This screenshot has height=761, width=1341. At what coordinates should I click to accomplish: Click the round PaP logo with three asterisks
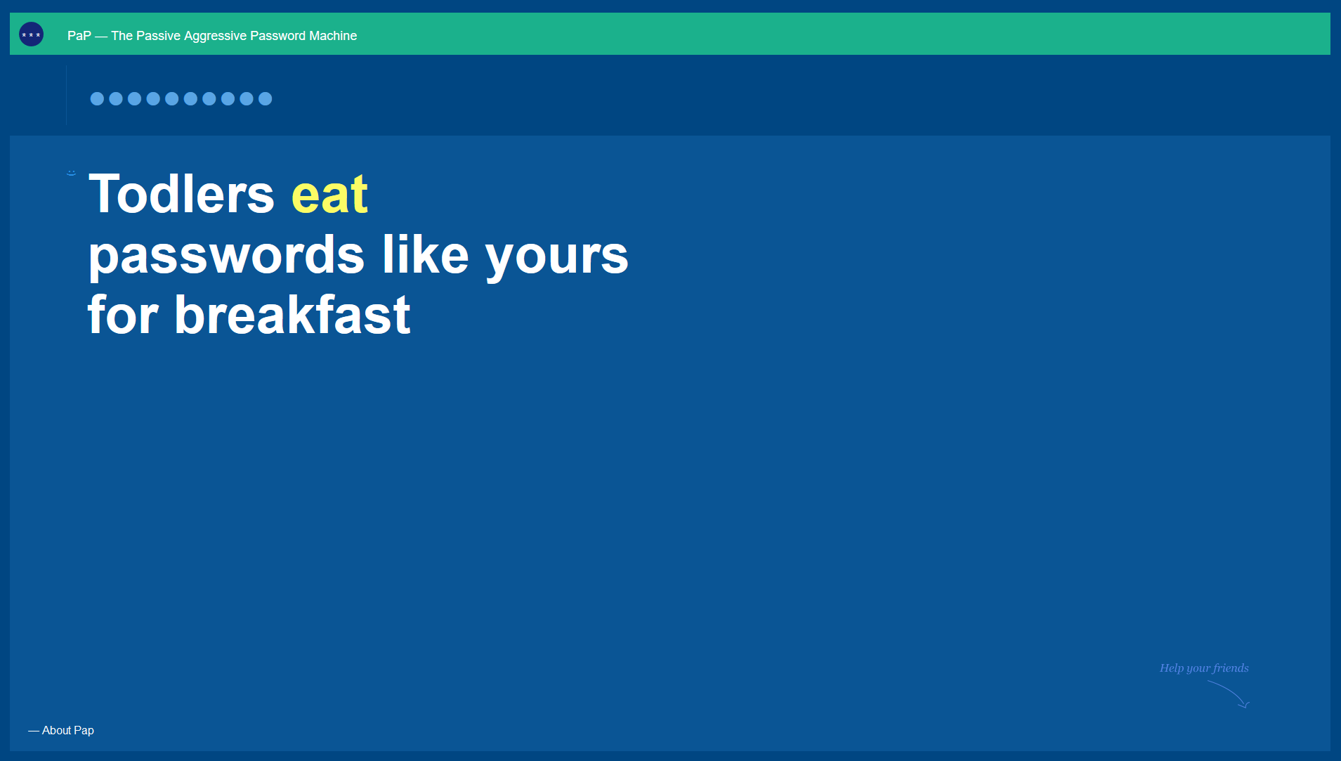[31, 34]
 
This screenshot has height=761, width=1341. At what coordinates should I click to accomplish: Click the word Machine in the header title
[333, 36]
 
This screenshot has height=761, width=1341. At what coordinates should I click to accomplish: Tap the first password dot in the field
[97, 99]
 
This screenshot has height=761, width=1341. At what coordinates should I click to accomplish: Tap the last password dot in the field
[265, 99]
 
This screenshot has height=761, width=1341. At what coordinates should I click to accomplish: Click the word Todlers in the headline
[182, 194]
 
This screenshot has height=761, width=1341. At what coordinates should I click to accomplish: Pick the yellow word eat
[329, 195]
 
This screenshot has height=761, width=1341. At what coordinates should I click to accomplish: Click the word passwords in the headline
[226, 256]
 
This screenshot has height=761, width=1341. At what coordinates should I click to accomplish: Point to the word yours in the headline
[557, 257]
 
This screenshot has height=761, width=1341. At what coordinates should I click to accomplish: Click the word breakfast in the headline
[292, 314]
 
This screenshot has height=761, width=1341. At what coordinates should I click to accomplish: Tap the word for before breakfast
[123, 314]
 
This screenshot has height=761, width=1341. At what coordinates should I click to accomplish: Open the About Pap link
[61, 731]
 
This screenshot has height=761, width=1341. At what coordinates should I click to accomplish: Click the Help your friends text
[1204, 668]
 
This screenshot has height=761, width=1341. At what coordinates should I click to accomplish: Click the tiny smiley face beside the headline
[71, 172]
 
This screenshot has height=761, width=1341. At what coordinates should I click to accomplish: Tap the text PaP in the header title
[79, 36]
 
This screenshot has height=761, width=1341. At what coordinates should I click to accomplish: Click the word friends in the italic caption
[1231, 668]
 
